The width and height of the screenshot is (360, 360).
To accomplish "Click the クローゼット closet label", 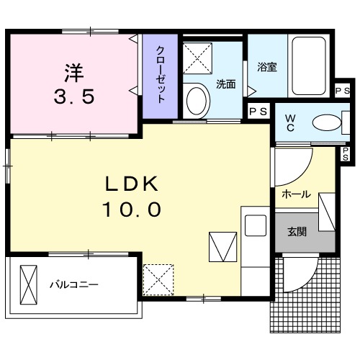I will [x=162, y=75].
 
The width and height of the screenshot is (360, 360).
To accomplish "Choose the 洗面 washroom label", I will [x=225, y=84].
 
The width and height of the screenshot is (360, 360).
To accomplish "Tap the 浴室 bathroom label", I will [x=268, y=68].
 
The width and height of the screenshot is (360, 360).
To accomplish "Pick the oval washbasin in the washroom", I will [x=194, y=100].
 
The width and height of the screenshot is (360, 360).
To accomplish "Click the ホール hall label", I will [x=296, y=194].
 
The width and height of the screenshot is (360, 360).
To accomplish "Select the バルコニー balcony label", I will [x=73, y=284].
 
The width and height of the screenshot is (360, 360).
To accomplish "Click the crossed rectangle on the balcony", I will [x=28, y=284].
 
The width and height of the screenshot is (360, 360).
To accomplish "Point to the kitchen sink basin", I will [x=256, y=225].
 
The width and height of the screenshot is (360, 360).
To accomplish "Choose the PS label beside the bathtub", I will [x=343, y=89].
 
